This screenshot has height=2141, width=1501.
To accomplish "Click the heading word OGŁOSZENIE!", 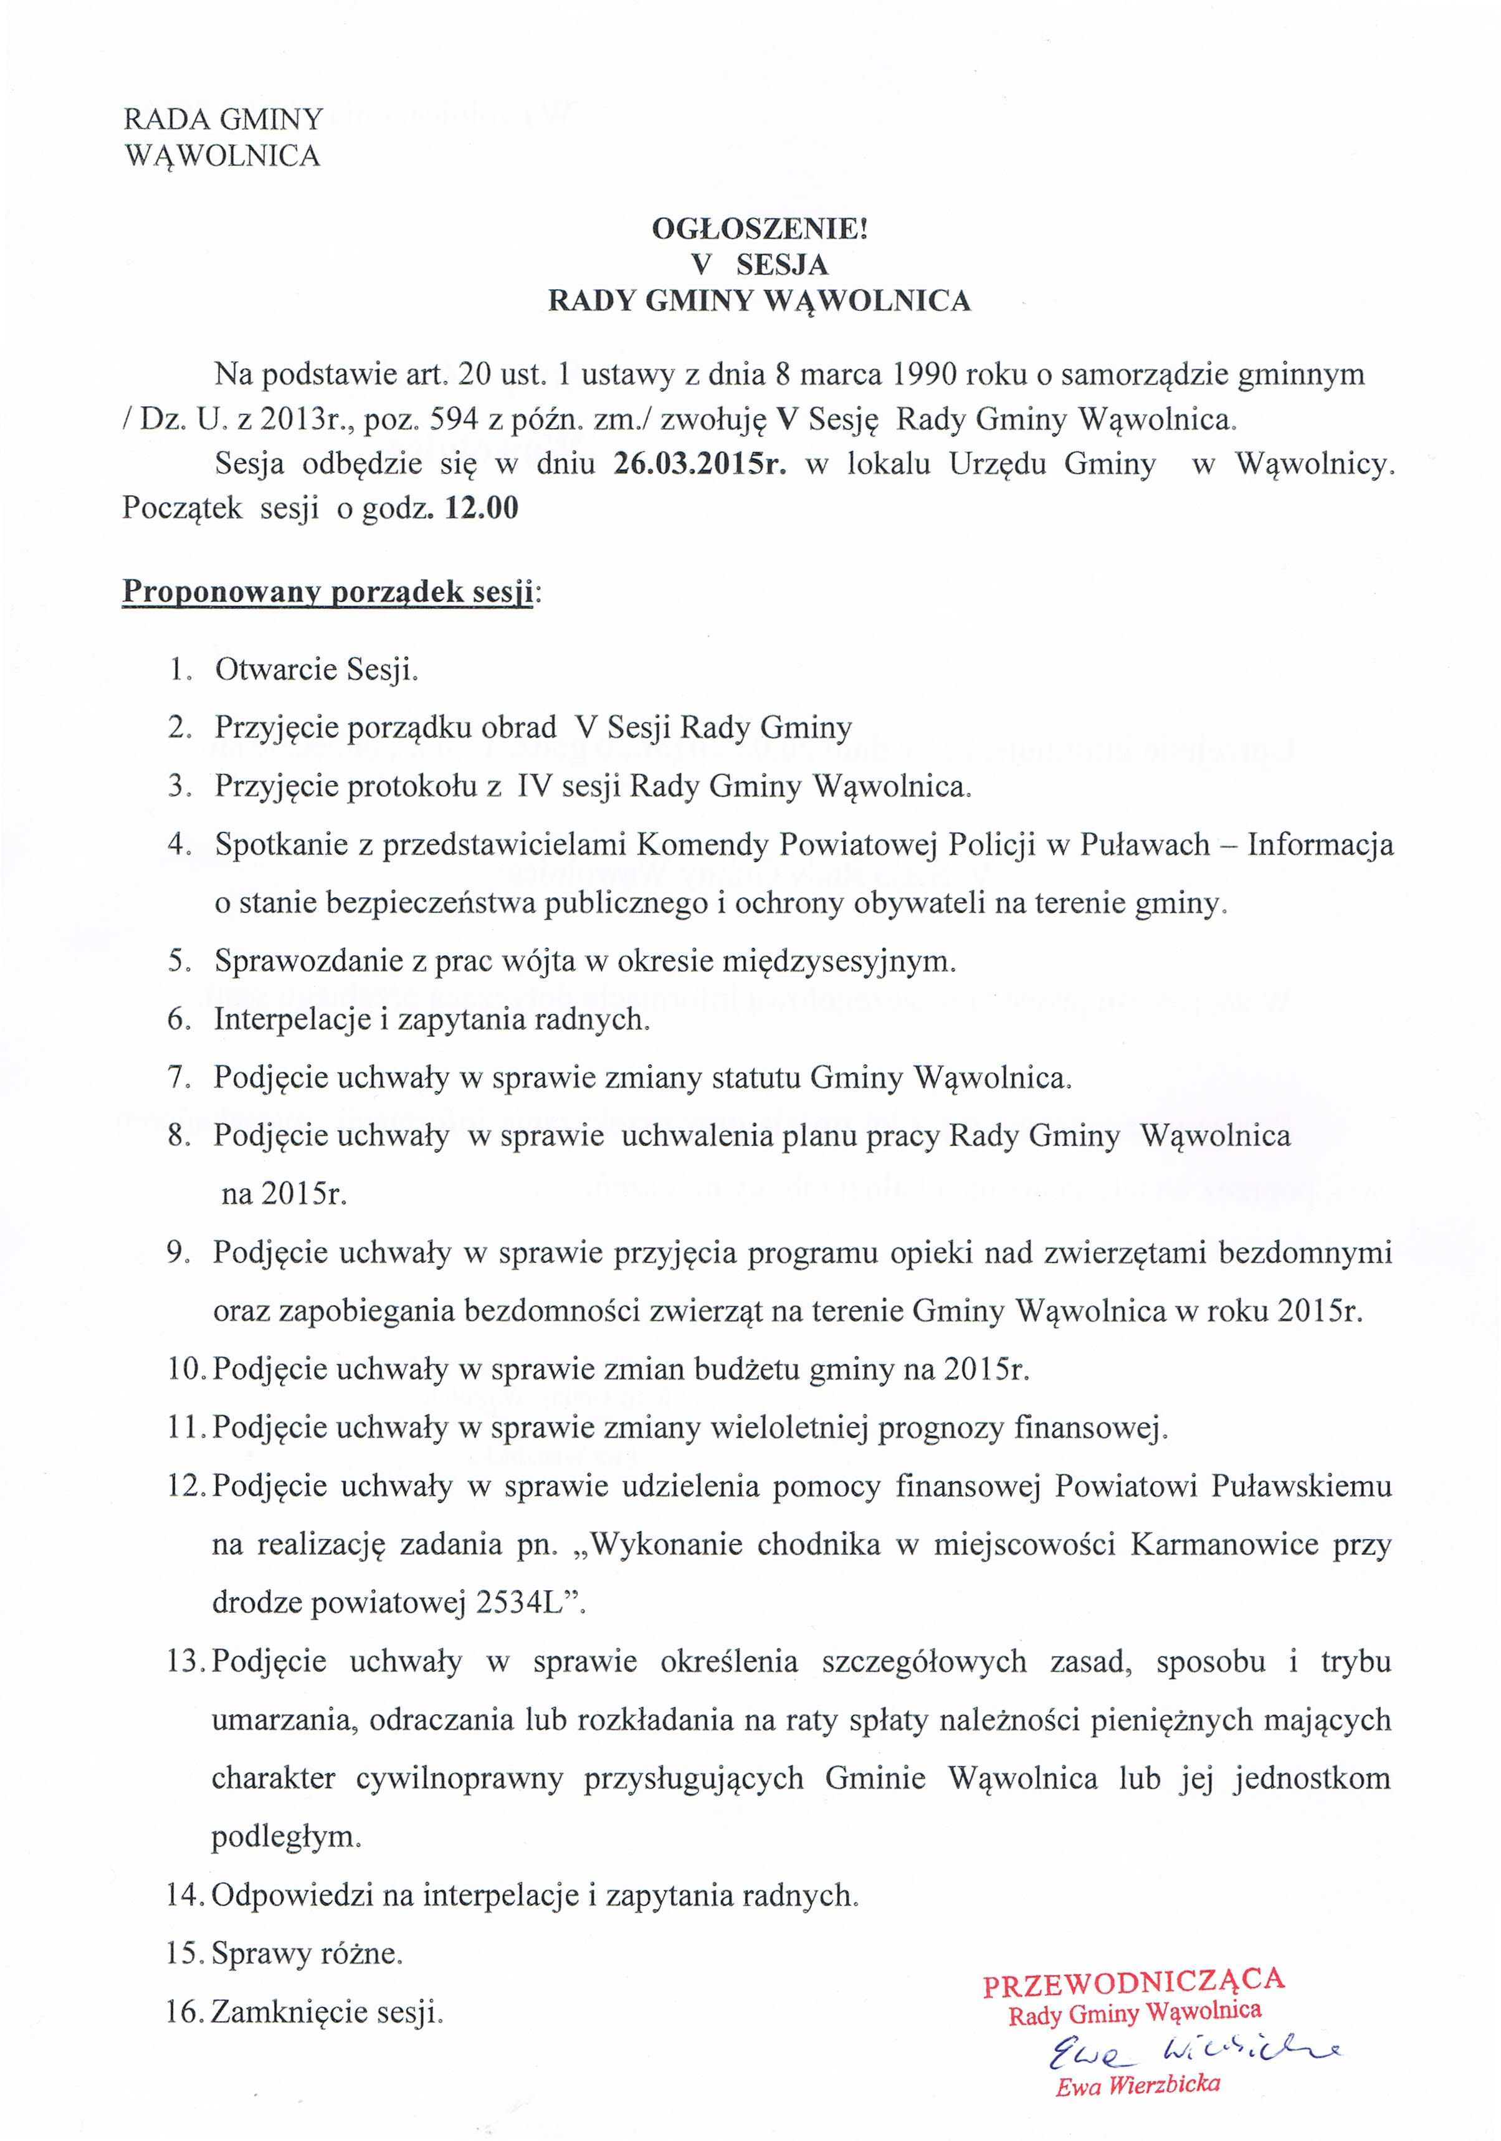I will tap(759, 229).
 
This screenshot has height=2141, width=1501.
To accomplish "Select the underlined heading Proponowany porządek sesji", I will tap(327, 591).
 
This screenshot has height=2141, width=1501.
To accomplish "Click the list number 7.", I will tap(179, 1078).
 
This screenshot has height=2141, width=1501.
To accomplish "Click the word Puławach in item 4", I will tap(1145, 845).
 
